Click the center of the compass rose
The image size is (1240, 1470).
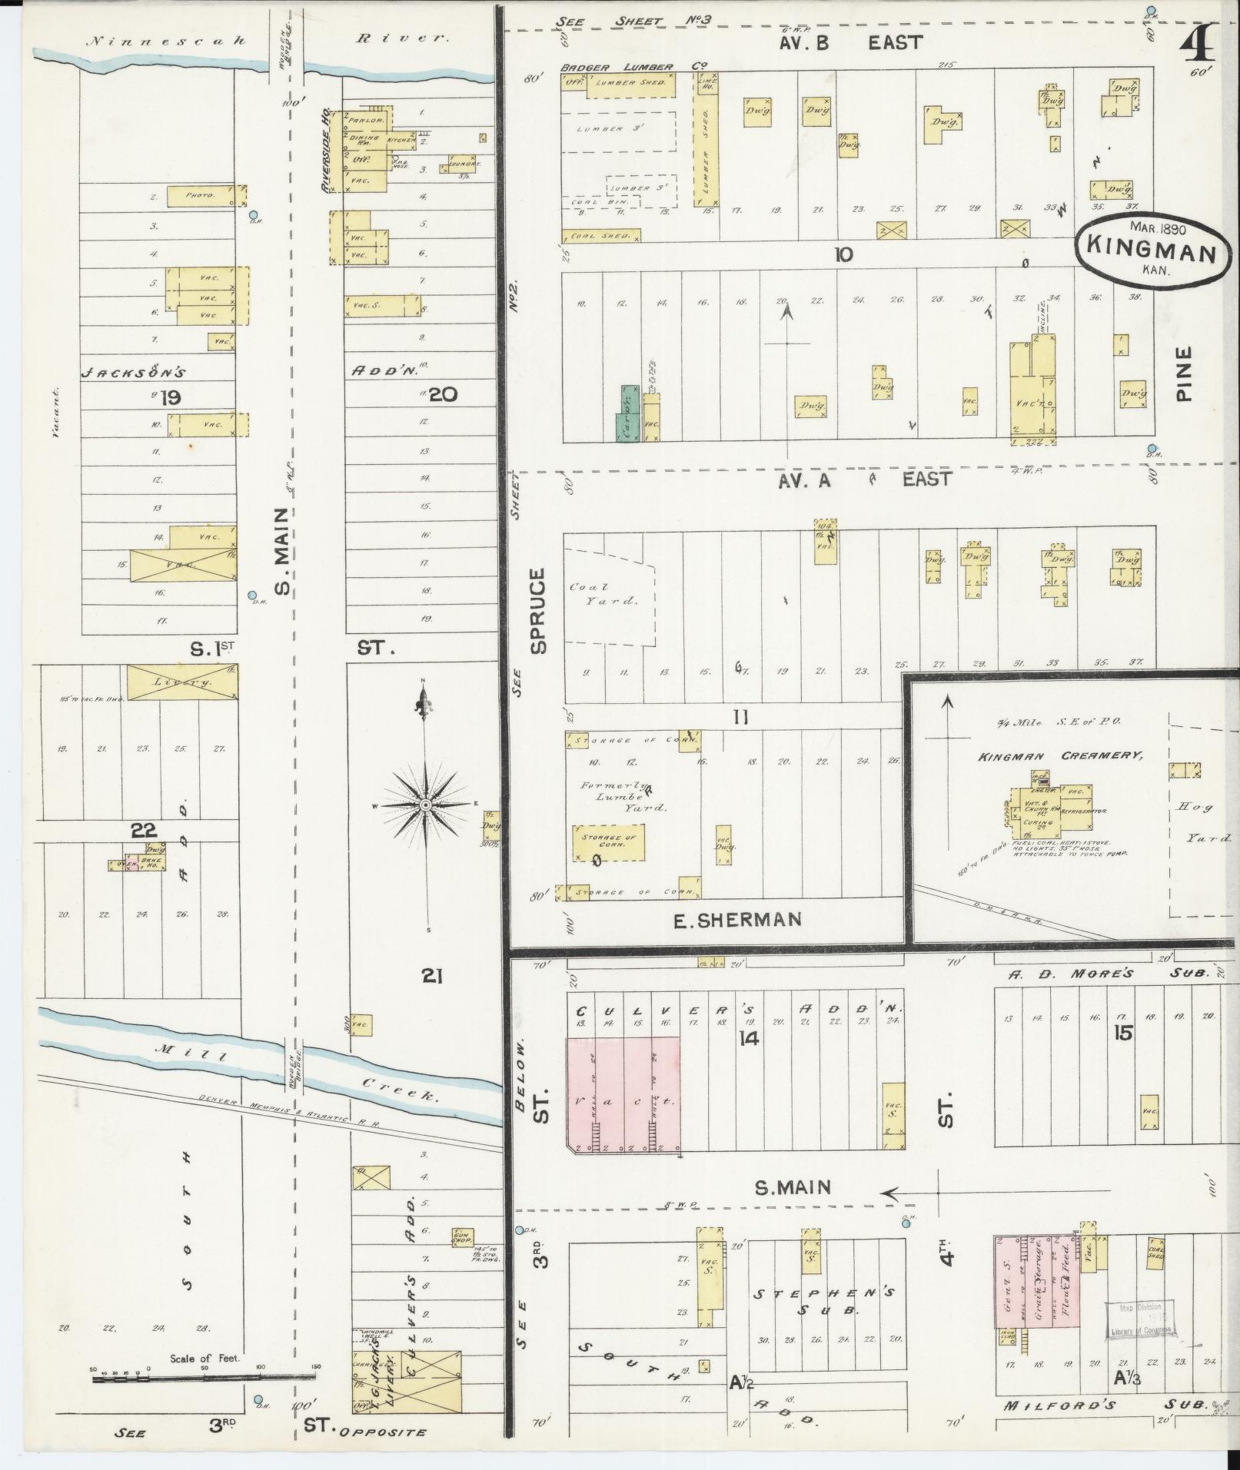click(x=424, y=805)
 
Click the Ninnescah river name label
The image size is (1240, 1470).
click(x=167, y=41)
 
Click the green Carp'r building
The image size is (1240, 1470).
click(x=627, y=413)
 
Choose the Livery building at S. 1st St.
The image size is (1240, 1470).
click(x=181, y=682)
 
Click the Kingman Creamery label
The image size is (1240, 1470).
click(x=1060, y=756)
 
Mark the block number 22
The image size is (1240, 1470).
click(x=144, y=830)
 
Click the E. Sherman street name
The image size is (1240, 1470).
click(x=737, y=919)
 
